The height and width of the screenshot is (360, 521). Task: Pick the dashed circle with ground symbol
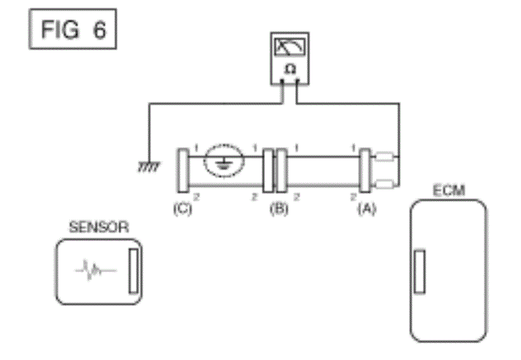(x=222, y=162)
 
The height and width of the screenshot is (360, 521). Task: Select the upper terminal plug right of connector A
(x=385, y=157)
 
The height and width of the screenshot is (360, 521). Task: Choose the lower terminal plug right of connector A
(x=385, y=184)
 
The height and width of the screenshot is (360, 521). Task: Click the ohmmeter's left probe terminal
(x=283, y=81)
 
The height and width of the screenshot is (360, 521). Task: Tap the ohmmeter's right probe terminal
(x=298, y=81)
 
